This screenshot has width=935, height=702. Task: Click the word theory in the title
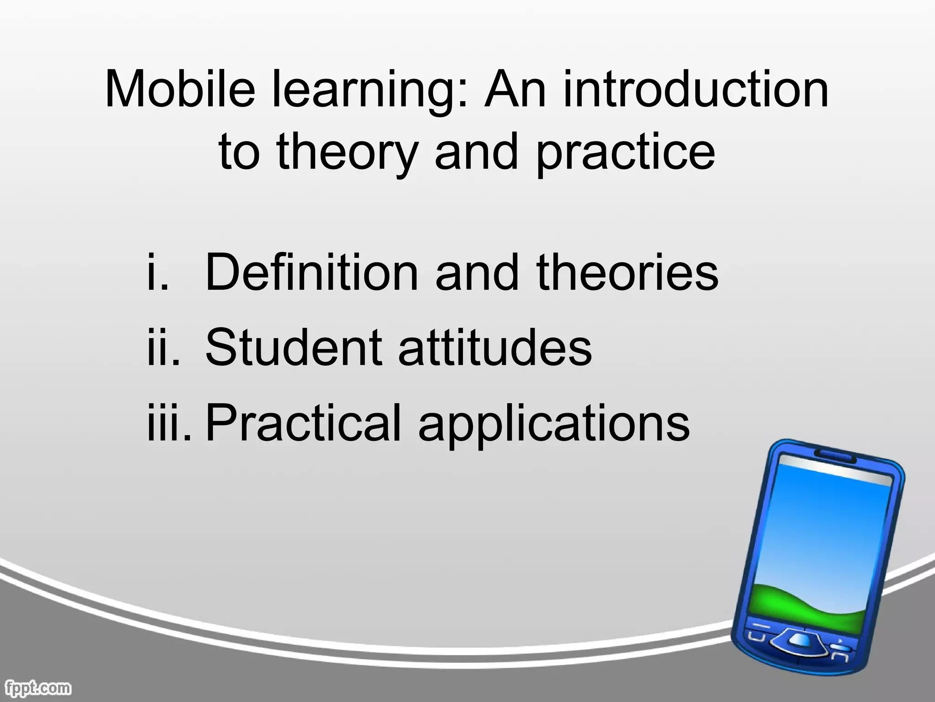[347, 153]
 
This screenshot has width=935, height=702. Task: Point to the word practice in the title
[625, 153]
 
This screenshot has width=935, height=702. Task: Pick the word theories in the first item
[627, 273]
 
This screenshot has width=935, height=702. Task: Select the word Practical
[303, 422]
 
